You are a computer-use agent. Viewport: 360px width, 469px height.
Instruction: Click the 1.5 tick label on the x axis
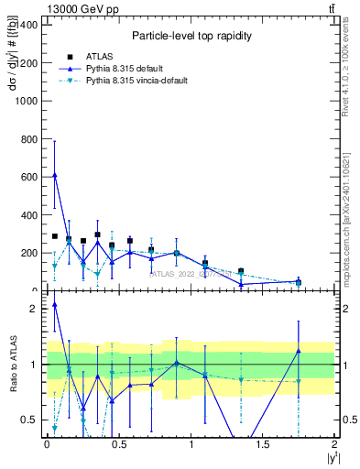[x=263, y=444]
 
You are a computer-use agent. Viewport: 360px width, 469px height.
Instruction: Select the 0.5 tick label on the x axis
[x=118, y=444]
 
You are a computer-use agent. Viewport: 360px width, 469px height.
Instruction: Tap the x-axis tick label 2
[x=335, y=444]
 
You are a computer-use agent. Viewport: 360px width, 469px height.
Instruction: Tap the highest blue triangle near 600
[x=55, y=175]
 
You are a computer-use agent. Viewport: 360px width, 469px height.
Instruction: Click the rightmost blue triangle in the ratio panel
[x=298, y=352]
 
